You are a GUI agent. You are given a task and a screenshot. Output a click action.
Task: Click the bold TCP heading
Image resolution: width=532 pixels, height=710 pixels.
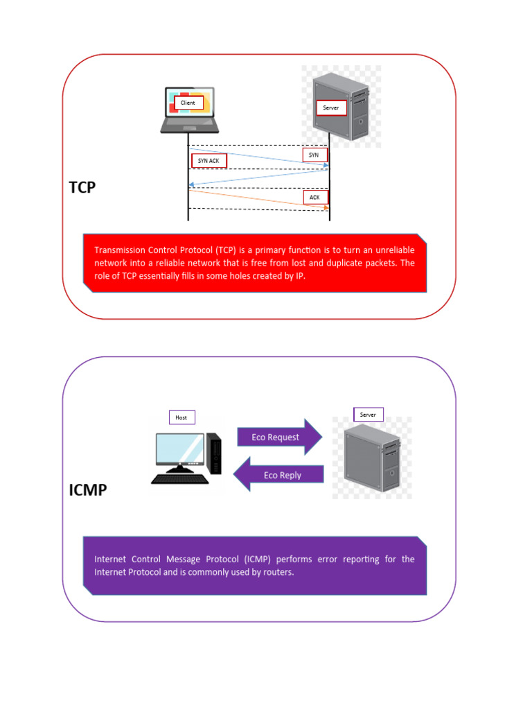coord(82,188)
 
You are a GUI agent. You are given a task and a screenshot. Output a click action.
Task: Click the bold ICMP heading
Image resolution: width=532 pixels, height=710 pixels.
coord(88,491)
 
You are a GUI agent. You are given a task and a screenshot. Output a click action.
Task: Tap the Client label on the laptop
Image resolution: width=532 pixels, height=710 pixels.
coord(188,103)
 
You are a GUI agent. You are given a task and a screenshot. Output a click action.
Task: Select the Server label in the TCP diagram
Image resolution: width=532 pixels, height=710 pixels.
coord(331,108)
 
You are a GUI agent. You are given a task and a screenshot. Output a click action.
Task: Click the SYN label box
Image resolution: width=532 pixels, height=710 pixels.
coord(314,155)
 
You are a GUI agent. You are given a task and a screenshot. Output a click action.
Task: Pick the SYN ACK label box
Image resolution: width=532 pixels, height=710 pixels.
coord(209,161)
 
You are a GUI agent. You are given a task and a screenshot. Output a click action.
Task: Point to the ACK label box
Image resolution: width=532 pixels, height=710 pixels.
coord(315,198)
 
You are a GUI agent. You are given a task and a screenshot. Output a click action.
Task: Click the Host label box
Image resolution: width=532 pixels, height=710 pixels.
coord(181,417)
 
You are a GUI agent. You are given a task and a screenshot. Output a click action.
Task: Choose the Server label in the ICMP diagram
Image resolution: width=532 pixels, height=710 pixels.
coord(368,415)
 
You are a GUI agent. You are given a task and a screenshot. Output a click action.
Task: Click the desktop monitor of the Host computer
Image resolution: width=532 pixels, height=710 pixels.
coord(179,451)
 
